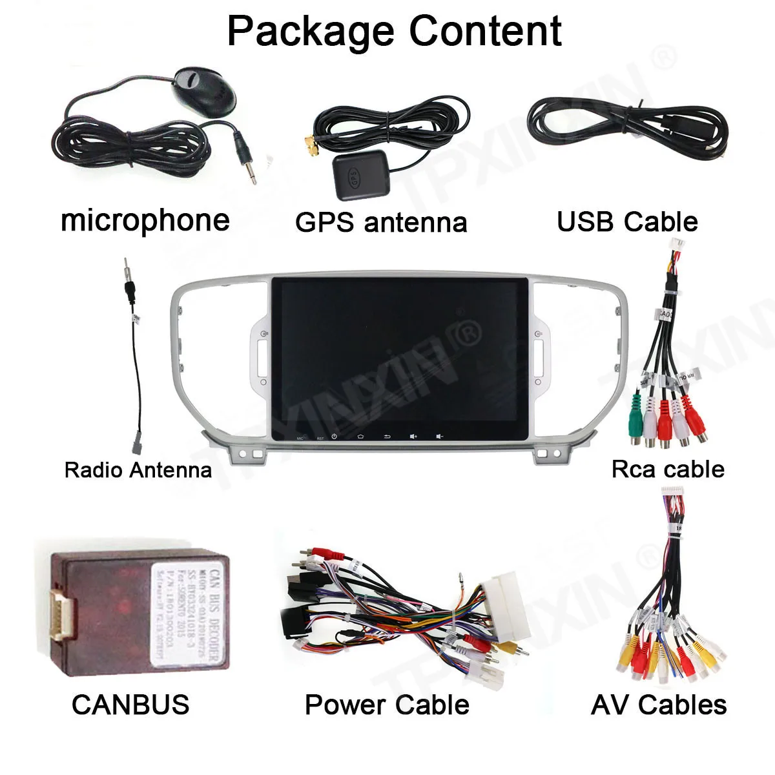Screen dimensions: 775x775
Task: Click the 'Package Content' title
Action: pyautogui.click(x=394, y=30)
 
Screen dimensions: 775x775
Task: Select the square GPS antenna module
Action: pyautogui.click(x=359, y=174)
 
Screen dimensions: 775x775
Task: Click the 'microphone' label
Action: pyautogui.click(x=145, y=220)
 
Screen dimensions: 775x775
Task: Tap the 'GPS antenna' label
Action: pyautogui.click(x=381, y=222)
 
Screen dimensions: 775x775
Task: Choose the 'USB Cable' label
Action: pyautogui.click(x=627, y=222)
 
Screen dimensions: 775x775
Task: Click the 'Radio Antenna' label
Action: pyautogui.click(x=138, y=470)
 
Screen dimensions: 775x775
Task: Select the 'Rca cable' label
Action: pyautogui.click(x=668, y=469)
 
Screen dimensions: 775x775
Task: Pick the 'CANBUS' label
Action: pyautogui.click(x=130, y=704)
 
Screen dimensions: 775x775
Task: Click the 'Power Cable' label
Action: pyautogui.click(x=387, y=704)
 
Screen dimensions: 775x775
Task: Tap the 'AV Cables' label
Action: pyautogui.click(x=659, y=704)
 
